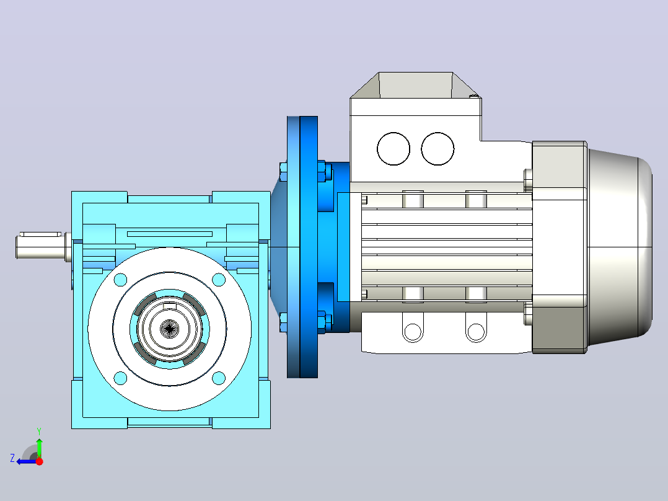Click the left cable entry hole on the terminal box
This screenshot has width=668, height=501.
[393, 149]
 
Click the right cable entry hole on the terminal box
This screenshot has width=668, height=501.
[437, 149]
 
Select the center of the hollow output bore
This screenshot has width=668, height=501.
[170, 329]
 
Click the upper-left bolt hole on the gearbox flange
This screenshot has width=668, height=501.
[121, 280]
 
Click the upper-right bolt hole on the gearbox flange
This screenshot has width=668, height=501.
[219, 280]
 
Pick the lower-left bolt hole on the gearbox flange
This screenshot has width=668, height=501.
[121, 378]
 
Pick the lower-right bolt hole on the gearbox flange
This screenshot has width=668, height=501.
[219, 378]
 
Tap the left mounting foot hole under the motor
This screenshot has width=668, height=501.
[413, 331]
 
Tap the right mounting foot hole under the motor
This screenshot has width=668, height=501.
[476, 331]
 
